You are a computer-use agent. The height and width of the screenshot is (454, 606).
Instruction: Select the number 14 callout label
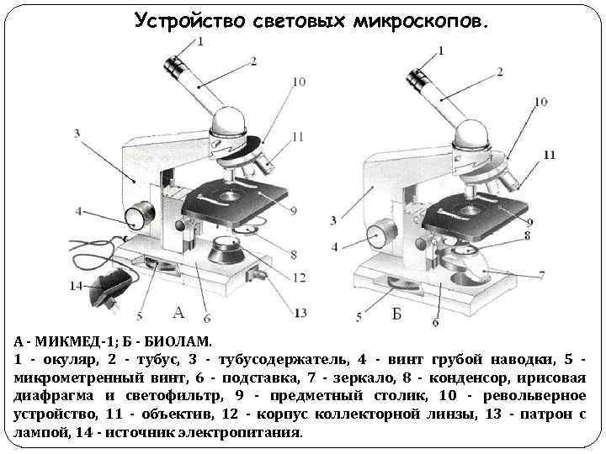(x=77, y=285)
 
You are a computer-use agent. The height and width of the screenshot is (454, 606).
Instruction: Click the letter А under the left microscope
(x=178, y=313)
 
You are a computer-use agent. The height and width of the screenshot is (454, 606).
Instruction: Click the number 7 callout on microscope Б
(x=541, y=274)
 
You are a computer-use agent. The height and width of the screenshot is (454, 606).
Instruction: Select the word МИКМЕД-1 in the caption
(x=75, y=342)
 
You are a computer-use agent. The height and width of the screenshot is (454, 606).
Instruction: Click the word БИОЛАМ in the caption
(x=183, y=342)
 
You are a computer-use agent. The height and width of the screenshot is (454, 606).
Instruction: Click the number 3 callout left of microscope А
(x=77, y=133)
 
